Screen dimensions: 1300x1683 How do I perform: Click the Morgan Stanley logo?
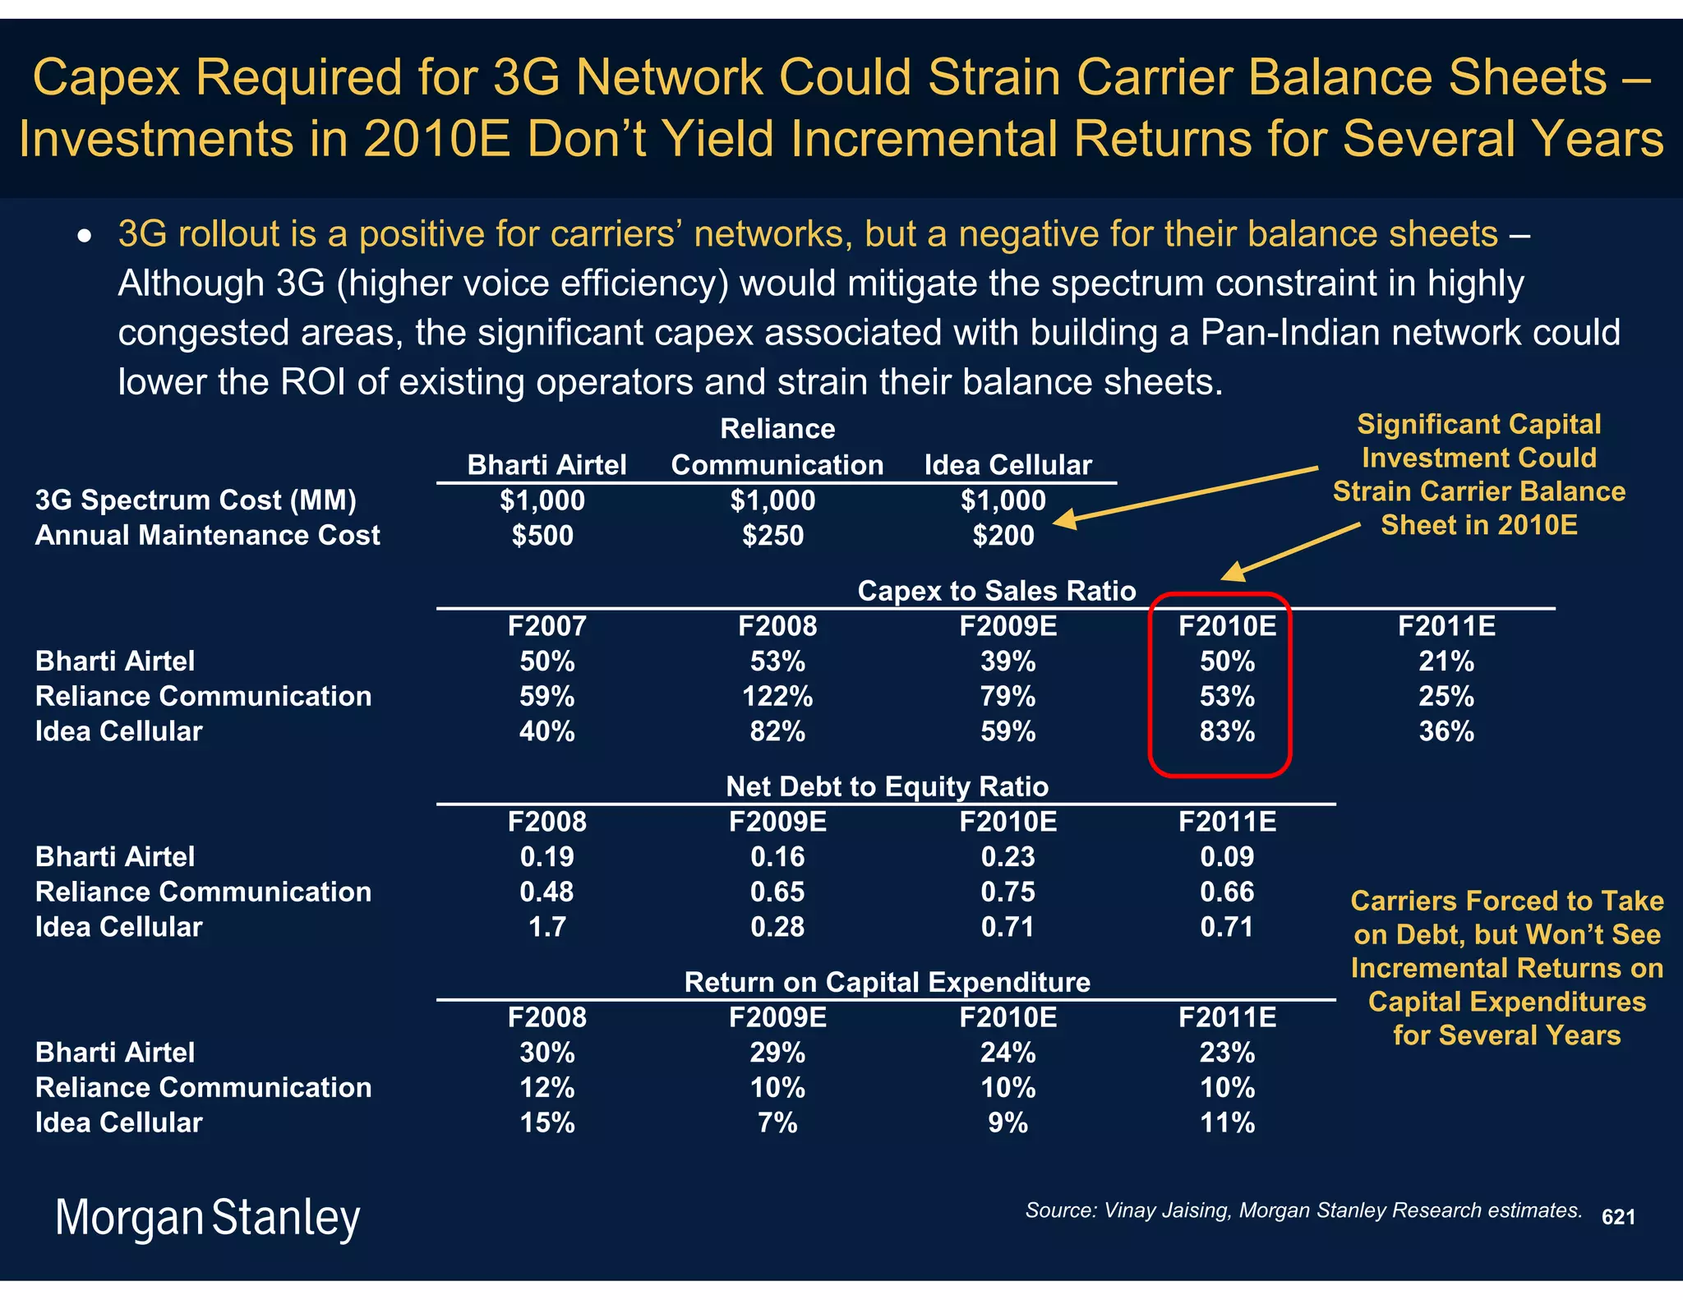pos(207,1217)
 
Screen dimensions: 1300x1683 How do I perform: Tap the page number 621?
pos(1618,1217)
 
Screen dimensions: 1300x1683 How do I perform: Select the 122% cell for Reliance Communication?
pos(777,697)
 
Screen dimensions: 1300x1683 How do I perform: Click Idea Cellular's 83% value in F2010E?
pos(1227,731)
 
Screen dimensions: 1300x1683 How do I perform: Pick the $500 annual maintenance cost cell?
pos(542,536)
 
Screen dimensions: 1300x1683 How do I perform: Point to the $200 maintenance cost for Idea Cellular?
pos(1003,536)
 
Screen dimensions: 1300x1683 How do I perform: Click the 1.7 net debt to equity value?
pos(546,927)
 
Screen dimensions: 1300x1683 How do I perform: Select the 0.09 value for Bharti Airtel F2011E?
pos(1227,857)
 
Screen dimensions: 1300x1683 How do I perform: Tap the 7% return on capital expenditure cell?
pos(777,1123)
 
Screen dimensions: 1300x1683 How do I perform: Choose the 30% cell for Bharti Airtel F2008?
pos(546,1053)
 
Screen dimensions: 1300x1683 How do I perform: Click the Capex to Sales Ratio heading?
pos(996,591)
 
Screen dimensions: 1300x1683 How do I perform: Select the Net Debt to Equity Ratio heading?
pos(887,786)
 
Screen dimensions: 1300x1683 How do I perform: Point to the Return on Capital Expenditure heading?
pos(887,982)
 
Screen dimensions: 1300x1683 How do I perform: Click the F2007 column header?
pos(546,626)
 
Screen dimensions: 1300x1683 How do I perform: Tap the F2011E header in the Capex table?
pos(1446,626)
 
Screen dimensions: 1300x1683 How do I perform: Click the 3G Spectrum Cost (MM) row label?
pos(196,500)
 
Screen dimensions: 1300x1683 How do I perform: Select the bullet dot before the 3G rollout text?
pos(84,237)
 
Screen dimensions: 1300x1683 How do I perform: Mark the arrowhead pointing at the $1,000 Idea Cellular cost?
pos(1064,519)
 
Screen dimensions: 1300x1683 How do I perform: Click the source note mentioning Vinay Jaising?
pos(1303,1210)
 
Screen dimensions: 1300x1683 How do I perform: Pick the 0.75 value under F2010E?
pos(1007,892)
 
